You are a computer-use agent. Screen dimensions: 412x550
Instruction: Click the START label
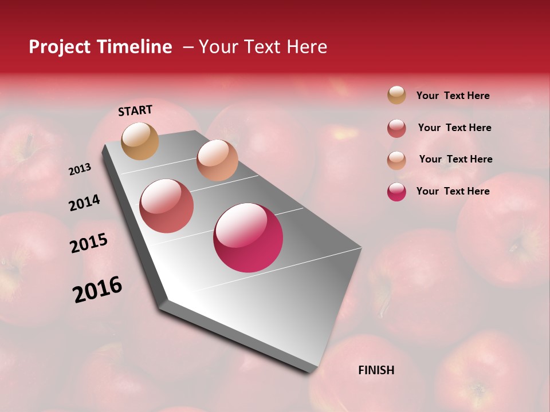(135, 110)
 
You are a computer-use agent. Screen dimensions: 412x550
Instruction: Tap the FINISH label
(376, 370)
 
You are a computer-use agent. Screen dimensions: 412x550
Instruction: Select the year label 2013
(80, 169)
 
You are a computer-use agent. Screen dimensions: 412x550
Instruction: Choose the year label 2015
(89, 243)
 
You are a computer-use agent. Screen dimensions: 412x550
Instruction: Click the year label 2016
(97, 290)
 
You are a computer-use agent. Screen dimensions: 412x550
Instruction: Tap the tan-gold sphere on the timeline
(140, 141)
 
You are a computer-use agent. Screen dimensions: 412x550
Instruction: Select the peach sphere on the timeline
(217, 160)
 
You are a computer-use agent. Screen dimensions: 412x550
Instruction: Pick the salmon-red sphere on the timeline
(167, 206)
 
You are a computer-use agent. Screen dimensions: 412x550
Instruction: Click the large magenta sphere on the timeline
(248, 237)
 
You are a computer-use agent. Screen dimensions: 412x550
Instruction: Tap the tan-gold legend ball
(396, 95)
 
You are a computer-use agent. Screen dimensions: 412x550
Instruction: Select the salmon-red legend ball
(396, 128)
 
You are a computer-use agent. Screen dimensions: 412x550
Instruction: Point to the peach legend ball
(396, 160)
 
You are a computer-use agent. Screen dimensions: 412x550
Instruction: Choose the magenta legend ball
(396, 192)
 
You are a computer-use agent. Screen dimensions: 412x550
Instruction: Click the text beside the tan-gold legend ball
(453, 96)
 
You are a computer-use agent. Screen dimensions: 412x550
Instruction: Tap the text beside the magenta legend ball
(453, 191)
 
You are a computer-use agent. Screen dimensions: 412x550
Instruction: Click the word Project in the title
(60, 47)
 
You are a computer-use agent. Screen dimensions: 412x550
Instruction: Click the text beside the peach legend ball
(455, 159)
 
